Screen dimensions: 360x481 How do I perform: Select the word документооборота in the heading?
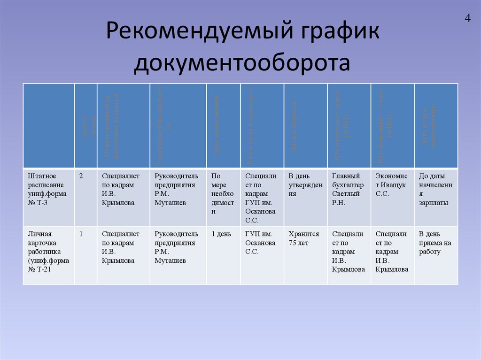241,63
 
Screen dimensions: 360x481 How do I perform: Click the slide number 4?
467,18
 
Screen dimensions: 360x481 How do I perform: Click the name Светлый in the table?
346,193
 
